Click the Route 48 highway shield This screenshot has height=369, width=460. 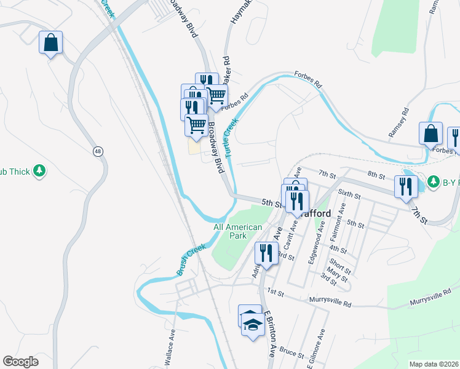click(x=98, y=151)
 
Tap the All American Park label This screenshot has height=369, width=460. click(x=238, y=231)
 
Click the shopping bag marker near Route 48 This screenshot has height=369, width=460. click(x=51, y=42)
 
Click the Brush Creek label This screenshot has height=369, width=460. click(x=191, y=260)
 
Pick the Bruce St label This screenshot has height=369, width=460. click(x=291, y=354)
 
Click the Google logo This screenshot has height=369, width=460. click(x=20, y=362)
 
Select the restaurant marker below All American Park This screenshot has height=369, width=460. click(x=266, y=253)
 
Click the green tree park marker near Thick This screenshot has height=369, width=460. click(x=40, y=170)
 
